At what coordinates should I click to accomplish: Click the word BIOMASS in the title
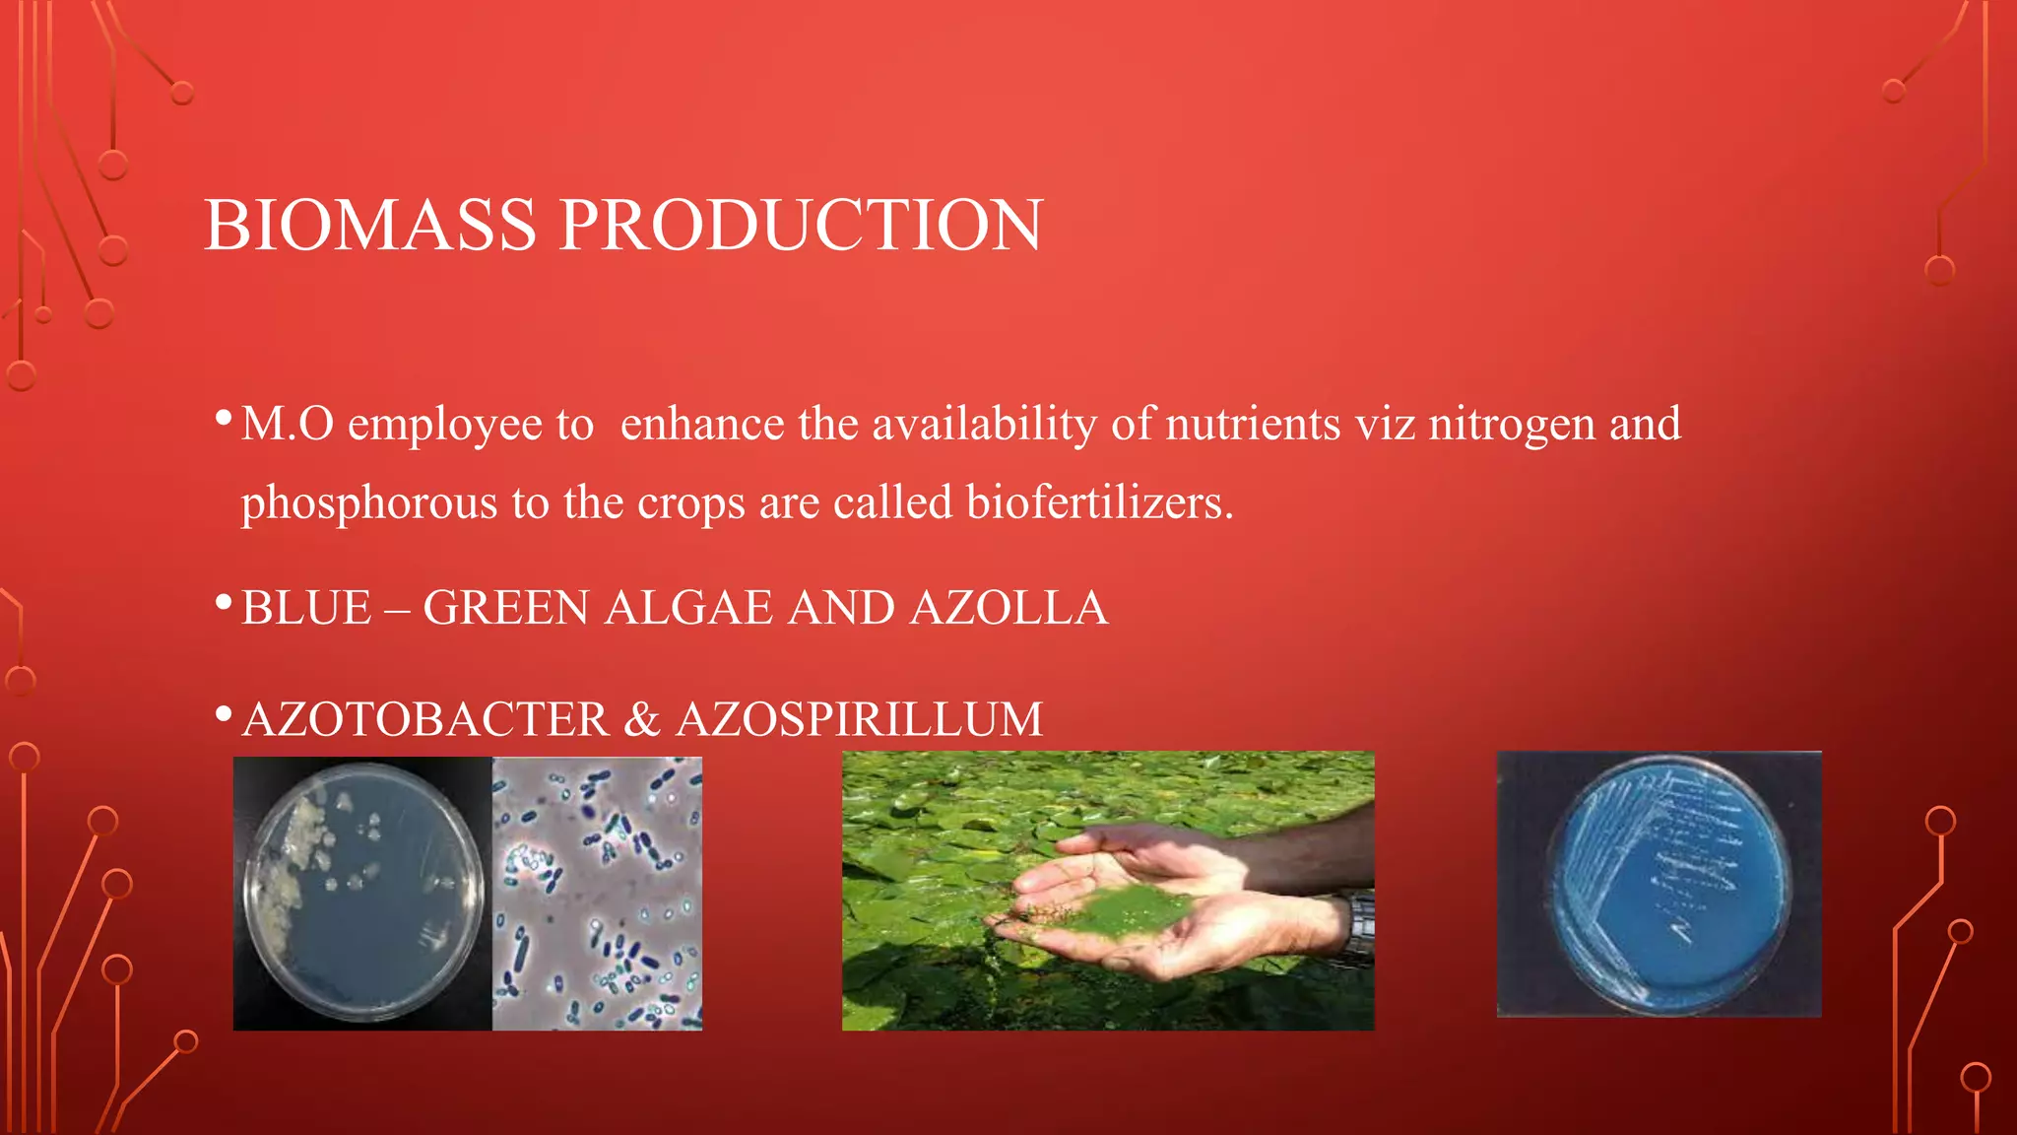[x=370, y=226]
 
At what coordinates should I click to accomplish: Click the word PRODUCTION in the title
[x=801, y=226]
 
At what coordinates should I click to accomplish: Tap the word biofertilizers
[x=1099, y=502]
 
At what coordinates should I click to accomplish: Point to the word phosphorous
[x=369, y=503]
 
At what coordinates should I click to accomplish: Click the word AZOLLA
[x=1008, y=608]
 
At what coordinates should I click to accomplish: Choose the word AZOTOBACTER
[x=425, y=719]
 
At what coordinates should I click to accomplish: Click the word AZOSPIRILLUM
[x=859, y=719]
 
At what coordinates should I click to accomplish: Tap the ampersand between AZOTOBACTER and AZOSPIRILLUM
[x=642, y=719]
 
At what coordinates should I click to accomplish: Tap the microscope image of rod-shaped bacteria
[x=597, y=893]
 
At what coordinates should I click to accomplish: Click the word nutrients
[x=1253, y=424]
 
